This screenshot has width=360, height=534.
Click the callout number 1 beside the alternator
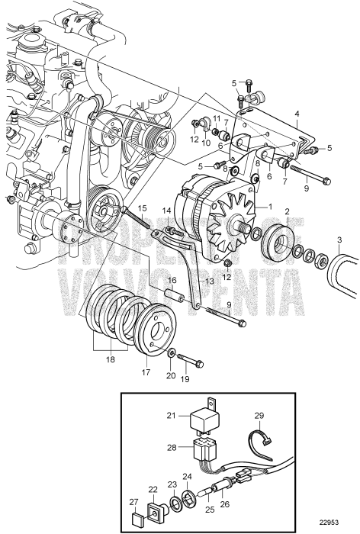click(268, 207)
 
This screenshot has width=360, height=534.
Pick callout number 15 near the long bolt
click(142, 208)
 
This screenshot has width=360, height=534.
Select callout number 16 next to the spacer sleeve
click(172, 280)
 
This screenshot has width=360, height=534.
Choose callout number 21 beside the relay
click(172, 416)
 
